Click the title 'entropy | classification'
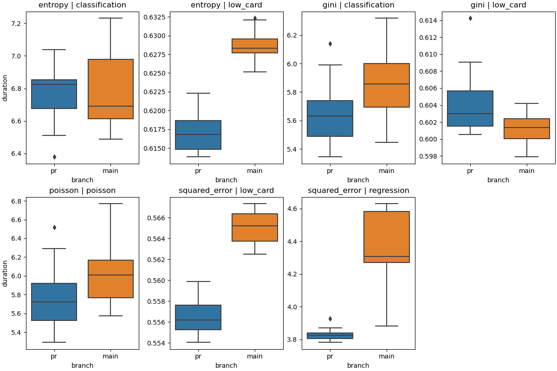(x=82, y=5)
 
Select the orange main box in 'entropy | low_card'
(x=255, y=46)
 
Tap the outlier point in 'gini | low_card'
(x=470, y=19)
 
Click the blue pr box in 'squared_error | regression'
(x=330, y=336)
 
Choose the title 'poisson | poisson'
(x=82, y=191)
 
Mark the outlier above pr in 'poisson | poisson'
(x=54, y=228)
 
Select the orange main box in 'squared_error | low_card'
(x=255, y=227)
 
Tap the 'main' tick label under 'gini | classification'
(x=386, y=171)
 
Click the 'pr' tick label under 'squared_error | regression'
(x=330, y=356)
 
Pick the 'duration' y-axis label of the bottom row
(x=5, y=273)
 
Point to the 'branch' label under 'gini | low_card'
(x=498, y=180)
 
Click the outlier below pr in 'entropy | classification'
(x=54, y=157)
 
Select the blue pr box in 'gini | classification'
(x=330, y=118)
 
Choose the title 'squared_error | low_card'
(x=226, y=191)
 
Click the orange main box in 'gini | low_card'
(x=527, y=128)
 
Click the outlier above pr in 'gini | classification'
(x=330, y=44)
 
